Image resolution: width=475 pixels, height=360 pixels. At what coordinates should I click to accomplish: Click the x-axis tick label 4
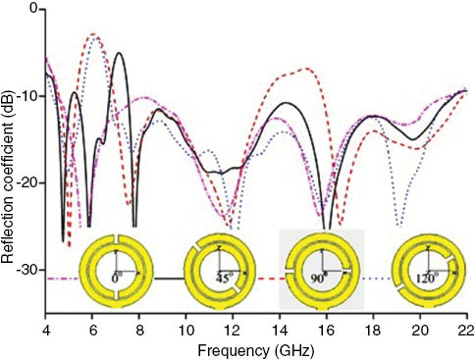(46, 322)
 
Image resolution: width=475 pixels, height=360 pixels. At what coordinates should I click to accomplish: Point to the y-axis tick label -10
(26, 96)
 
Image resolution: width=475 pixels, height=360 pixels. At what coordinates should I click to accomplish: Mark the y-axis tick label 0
(32, 10)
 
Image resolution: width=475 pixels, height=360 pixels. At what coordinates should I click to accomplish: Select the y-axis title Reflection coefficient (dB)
(9, 157)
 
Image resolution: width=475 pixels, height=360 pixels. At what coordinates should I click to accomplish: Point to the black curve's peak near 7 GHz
(119, 53)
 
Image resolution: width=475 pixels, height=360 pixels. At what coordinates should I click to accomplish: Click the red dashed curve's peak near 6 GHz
(94, 34)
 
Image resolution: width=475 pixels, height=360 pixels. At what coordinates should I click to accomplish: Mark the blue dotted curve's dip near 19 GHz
(398, 225)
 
